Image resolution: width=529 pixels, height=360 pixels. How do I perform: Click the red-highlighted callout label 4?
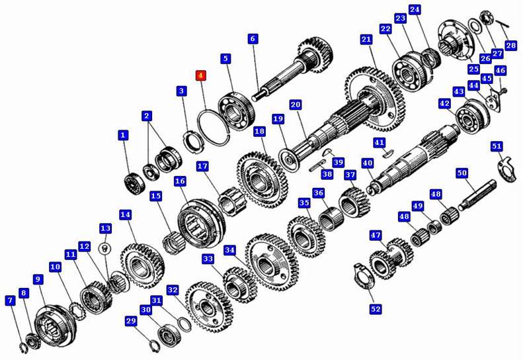[201, 75]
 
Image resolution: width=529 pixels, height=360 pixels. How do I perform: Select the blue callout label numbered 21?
[366, 40]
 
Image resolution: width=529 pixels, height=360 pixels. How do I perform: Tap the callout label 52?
[376, 308]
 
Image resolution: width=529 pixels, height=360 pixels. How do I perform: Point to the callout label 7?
[10, 300]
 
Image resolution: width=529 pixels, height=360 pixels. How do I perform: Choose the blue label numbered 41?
[379, 142]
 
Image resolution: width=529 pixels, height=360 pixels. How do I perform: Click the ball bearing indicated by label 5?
[236, 110]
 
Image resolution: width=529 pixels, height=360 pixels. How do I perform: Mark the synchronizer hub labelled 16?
[202, 224]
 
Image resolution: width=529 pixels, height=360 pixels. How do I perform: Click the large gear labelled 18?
[262, 180]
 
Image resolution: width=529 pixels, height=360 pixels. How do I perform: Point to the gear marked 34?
[272, 262]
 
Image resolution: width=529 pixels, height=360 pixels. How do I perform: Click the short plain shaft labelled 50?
[477, 195]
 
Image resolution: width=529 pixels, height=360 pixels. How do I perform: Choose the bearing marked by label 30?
[170, 335]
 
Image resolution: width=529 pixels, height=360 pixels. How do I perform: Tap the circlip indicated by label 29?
[155, 346]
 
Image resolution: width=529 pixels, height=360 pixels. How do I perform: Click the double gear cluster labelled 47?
[391, 258]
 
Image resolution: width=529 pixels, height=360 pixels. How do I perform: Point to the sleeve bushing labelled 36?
[331, 218]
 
